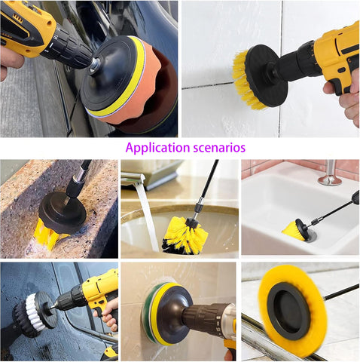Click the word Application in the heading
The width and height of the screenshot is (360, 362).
coord(158,148)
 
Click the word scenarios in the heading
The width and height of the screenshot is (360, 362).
coord(219,148)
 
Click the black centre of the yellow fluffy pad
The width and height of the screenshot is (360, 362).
coord(288,311)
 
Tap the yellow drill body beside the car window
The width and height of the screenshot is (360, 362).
coord(100,293)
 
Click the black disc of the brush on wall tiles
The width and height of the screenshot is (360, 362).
coord(267,76)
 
